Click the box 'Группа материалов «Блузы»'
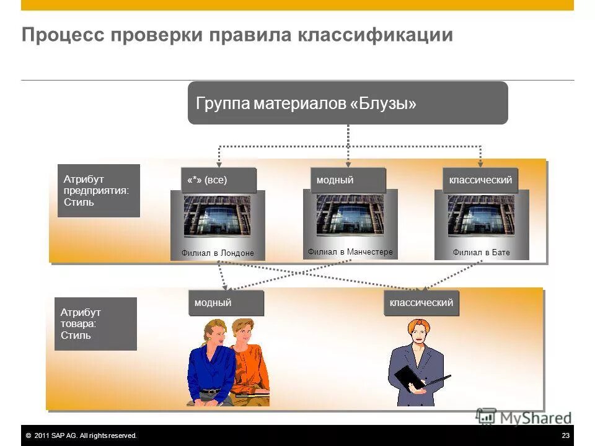point(347,103)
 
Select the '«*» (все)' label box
point(218,180)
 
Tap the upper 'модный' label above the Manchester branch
point(348,180)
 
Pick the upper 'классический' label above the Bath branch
point(480,180)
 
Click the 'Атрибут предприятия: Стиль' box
point(99,191)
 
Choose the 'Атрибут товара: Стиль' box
point(95,324)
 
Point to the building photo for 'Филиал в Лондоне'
point(217,216)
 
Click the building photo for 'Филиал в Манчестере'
point(350,215)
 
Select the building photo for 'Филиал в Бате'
point(481,216)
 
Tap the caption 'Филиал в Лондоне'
point(218,253)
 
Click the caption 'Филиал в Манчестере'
point(350,251)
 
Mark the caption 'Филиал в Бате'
point(481,253)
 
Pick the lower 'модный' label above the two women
point(226,303)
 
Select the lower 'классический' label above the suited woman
point(421,303)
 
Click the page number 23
point(565,436)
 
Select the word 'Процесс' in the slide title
point(61,35)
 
